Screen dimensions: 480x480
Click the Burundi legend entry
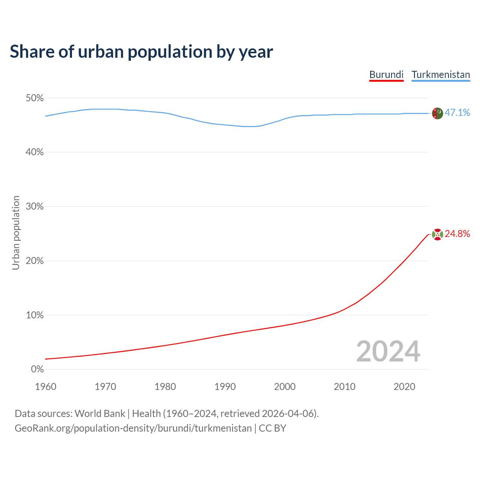(x=386, y=75)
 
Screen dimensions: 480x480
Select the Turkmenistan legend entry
(x=441, y=75)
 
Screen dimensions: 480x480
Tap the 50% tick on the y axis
(x=35, y=98)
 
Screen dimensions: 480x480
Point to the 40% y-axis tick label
(x=35, y=152)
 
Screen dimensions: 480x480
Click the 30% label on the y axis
(x=35, y=207)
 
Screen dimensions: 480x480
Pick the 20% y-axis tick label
(x=35, y=261)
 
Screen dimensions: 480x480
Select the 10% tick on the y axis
(x=35, y=315)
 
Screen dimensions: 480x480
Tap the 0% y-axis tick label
(x=37, y=369)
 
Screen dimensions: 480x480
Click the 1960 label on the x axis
(x=45, y=387)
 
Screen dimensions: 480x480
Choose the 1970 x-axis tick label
(x=105, y=387)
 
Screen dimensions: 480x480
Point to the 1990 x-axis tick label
(x=225, y=387)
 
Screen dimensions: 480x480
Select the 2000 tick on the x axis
(x=285, y=387)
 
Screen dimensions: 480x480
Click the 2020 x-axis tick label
(x=404, y=387)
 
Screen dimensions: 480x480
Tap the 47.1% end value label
(x=457, y=112)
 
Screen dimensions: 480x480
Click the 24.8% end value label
(x=457, y=234)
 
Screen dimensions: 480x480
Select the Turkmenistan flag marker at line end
(x=437, y=113)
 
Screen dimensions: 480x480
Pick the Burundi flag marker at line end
(x=437, y=234)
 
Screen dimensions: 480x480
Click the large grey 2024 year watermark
(x=388, y=351)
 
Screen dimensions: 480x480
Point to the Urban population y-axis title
(x=16, y=232)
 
